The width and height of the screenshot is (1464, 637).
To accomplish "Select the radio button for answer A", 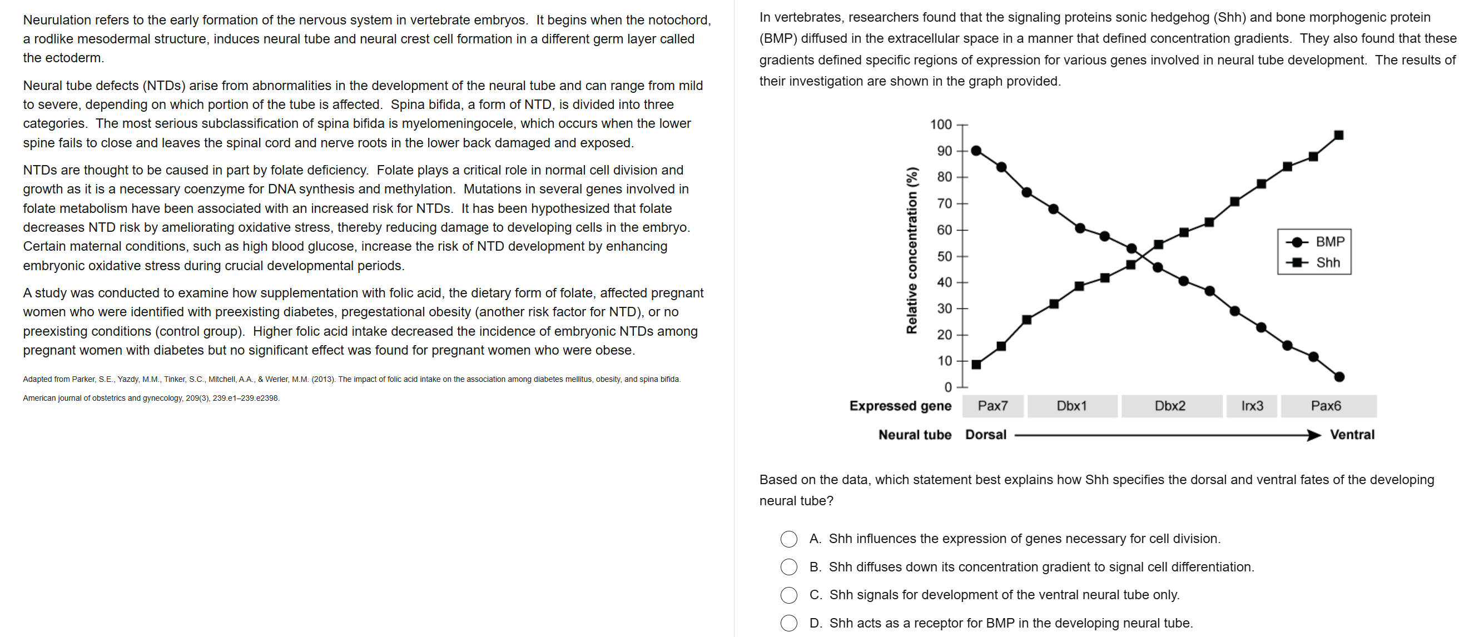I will pos(788,539).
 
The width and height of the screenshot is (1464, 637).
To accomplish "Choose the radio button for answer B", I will pos(788,566).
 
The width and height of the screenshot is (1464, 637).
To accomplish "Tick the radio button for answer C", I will pos(788,595).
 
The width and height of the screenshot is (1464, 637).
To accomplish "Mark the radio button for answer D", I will pos(788,623).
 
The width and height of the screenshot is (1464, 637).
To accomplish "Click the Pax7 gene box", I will pos(992,406).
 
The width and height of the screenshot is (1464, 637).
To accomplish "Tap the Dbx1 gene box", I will pos(1071,406).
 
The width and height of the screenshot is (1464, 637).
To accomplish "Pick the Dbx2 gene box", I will pos(1170,406).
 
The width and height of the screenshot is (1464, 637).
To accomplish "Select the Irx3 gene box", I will pos(1252,406).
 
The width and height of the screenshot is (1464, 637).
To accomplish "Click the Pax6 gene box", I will pos(1326,406).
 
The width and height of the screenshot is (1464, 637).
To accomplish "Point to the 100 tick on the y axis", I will pos(941,125).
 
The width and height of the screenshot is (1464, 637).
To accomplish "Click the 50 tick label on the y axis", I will pos(944,256).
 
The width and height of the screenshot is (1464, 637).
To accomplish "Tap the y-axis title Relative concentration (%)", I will pos(911,250).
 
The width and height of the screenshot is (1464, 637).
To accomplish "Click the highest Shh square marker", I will pos(1338,135).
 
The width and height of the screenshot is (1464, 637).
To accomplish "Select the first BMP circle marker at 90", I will pos(976,151).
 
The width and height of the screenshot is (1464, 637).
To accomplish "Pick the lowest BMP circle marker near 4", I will pos(1338,377).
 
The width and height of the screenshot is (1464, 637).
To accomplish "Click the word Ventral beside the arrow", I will pos(1352,435).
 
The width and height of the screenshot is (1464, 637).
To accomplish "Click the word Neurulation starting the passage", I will pos(57,20).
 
